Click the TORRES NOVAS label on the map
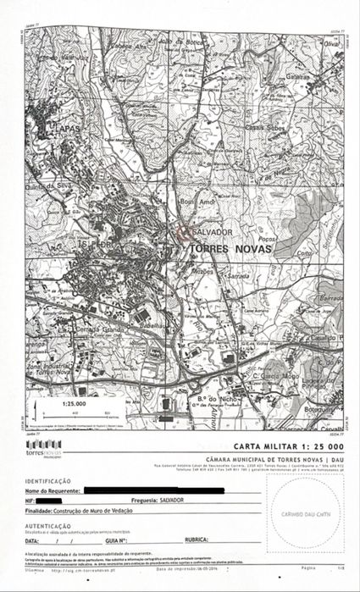[x=222, y=247]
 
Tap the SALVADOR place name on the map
[x=213, y=231]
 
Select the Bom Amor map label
[x=193, y=204]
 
